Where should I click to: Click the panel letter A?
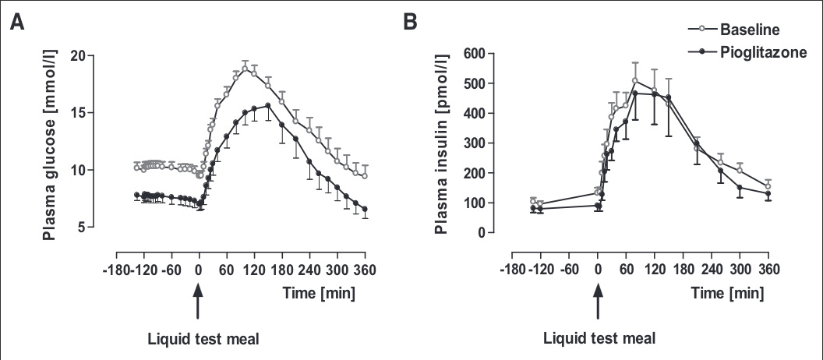coord(17,23)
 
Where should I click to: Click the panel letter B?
coord(411,23)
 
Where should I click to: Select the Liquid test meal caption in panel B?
coord(599,339)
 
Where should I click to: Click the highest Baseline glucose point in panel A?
coord(245,69)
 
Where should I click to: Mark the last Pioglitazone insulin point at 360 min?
coord(768,194)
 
